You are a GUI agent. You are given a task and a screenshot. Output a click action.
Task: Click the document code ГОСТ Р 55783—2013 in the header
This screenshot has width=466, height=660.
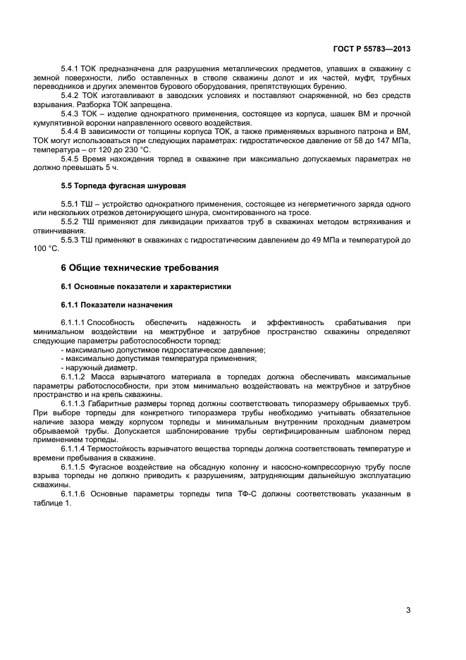(371, 50)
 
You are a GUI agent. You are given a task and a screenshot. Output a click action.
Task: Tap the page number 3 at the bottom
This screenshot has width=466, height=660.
(408, 611)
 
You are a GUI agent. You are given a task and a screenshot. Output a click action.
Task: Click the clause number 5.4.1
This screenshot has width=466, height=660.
(71, 68)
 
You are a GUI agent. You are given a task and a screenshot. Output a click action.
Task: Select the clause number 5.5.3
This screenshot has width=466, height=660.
(71, 240)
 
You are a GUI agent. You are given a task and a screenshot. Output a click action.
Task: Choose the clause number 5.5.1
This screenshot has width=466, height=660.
(71, 204)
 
